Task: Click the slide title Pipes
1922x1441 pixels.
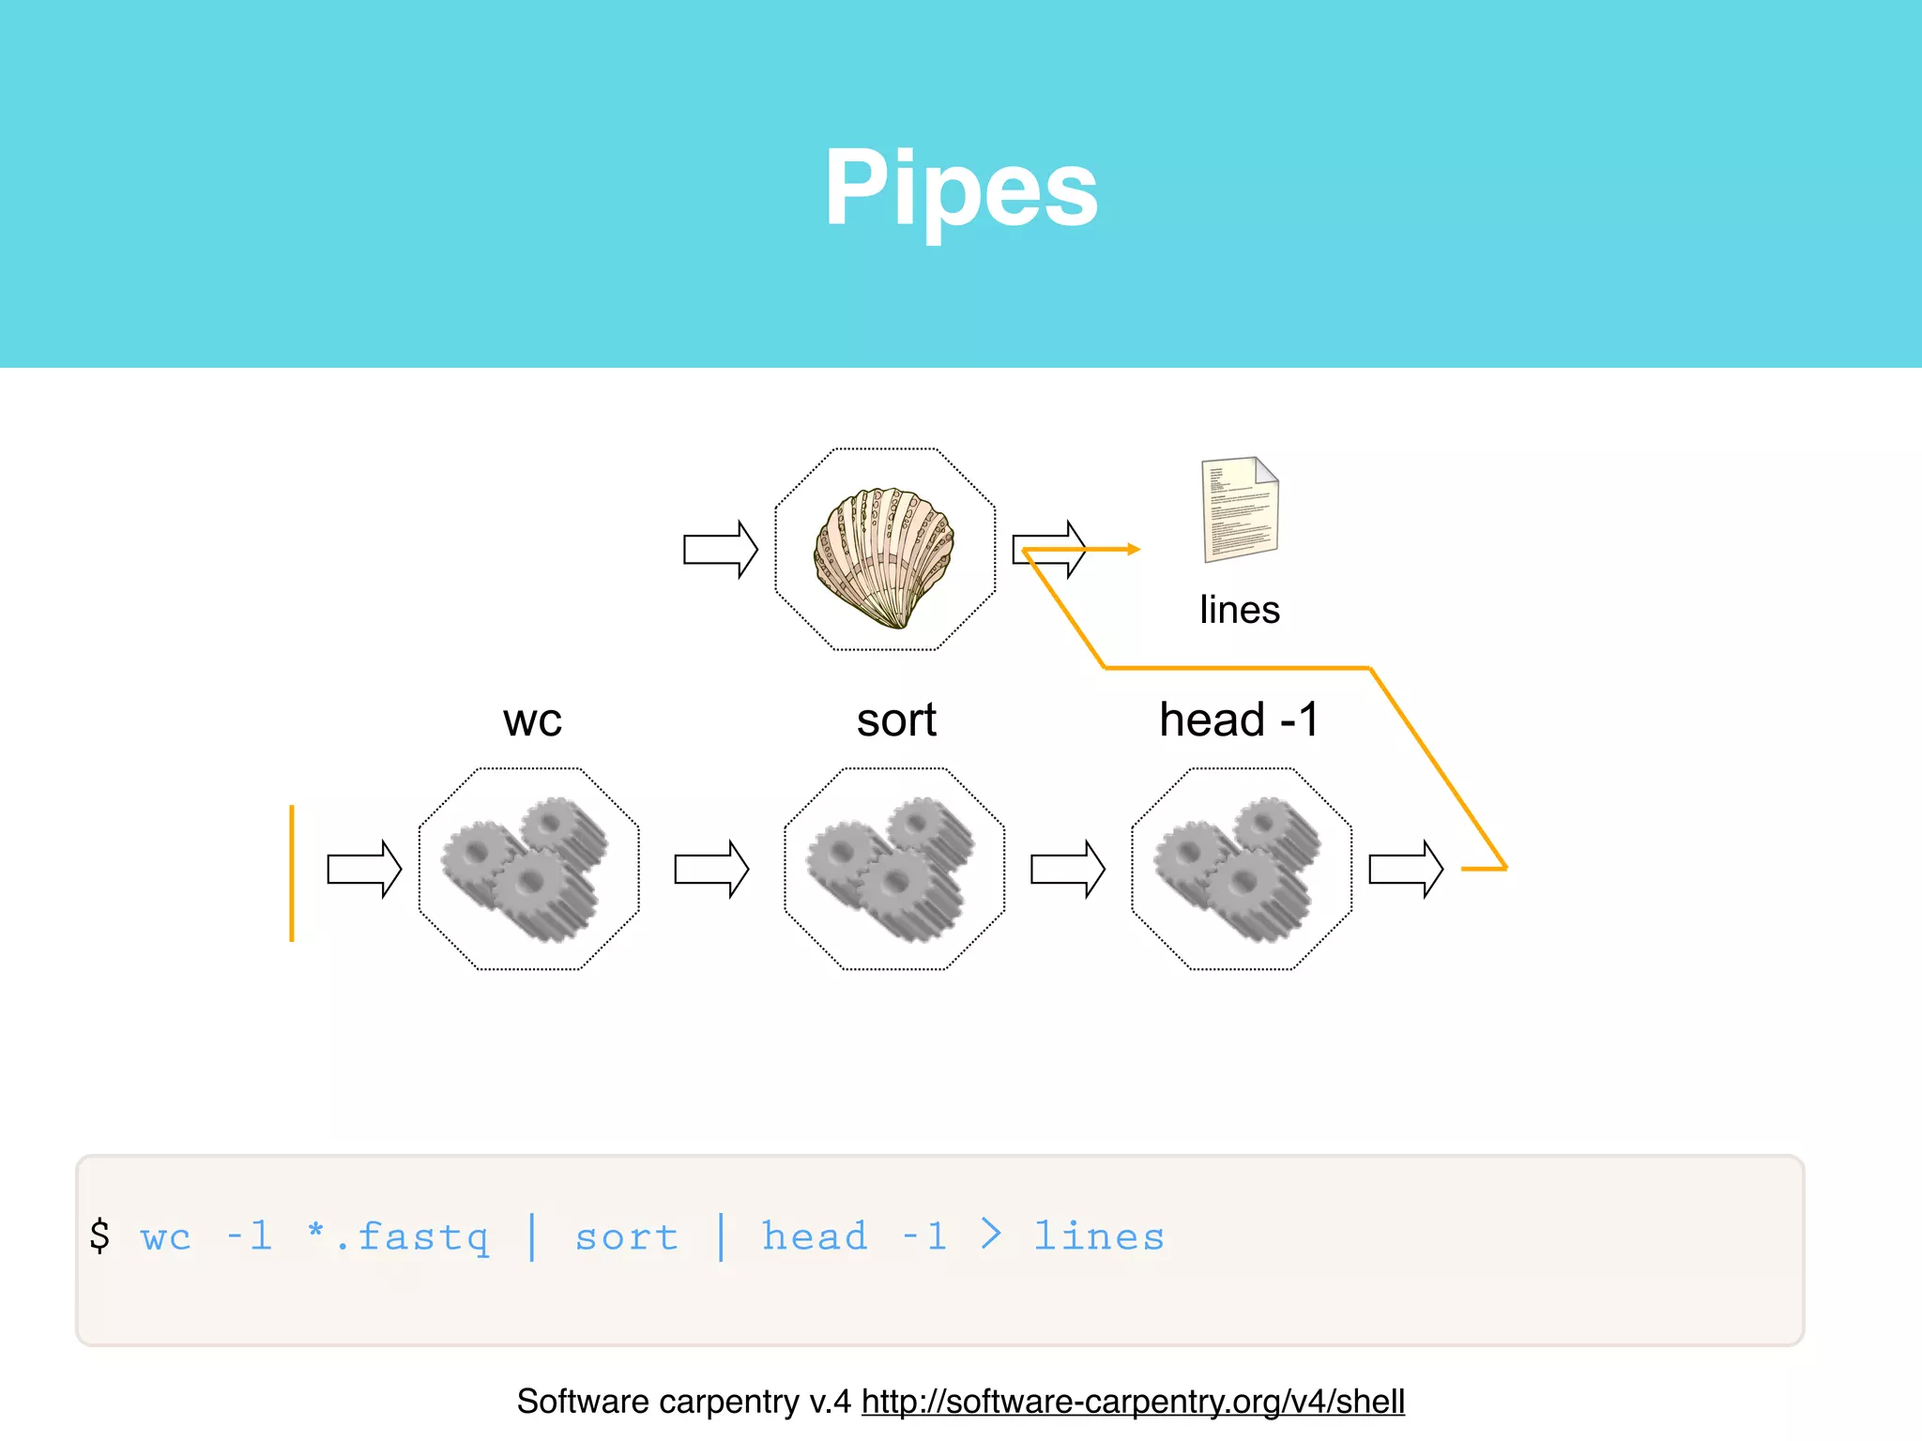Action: pos(961,189)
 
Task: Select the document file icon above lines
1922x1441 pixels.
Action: pos(1240,508)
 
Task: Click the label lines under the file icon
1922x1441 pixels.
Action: pos(1240,610)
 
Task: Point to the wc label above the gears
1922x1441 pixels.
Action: pos(532,720)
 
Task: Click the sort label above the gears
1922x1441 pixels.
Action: pos(896,720)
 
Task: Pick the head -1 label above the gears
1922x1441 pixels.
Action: pos(1240,720)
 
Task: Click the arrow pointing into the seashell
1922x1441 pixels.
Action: pos(720,549)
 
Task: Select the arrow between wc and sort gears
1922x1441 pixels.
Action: pos(711,870)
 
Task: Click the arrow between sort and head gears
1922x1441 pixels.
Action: pos(1067,870)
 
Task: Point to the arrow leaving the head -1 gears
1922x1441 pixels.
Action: pos(1405,870)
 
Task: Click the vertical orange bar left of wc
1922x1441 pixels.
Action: pos(292,872)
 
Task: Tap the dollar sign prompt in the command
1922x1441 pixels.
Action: pos(99,1236)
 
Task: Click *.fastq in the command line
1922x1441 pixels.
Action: pos(399,1236)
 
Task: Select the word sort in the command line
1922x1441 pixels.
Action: pos(627,1237)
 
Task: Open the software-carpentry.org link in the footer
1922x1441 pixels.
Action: pos(1133,1402)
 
